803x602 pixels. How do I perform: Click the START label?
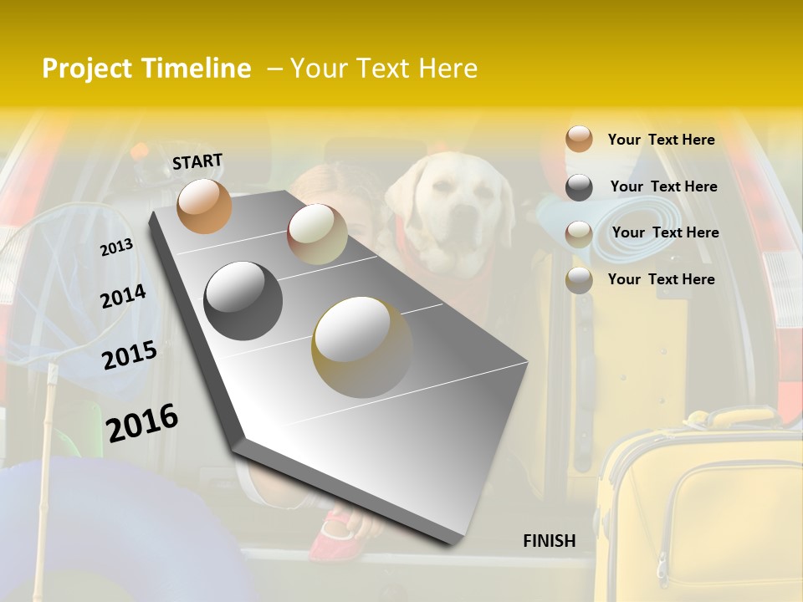pos(197,161)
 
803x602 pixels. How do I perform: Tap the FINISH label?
pos(549,541)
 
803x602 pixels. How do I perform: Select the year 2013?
pos(117,247)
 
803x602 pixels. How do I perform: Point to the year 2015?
pos(130,355)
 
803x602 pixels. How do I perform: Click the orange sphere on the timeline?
pos(204,206)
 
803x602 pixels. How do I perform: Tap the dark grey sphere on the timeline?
pos(243,301)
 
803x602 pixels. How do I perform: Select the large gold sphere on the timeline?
pos(361,346)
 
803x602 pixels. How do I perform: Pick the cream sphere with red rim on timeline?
pos(317,234)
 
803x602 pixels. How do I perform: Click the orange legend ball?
pos(579,140)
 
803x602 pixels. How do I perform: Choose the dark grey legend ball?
pos(579,187)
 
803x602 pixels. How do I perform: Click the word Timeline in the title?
pos(197,69)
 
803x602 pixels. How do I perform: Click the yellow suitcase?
pos(703,510)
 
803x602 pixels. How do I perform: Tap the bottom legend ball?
pos(579,280)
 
